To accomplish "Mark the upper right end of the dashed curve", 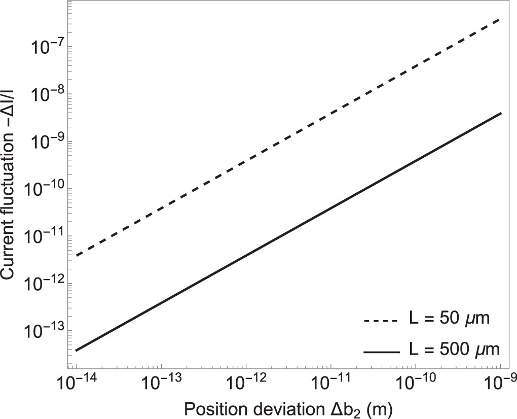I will pos(500,19).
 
